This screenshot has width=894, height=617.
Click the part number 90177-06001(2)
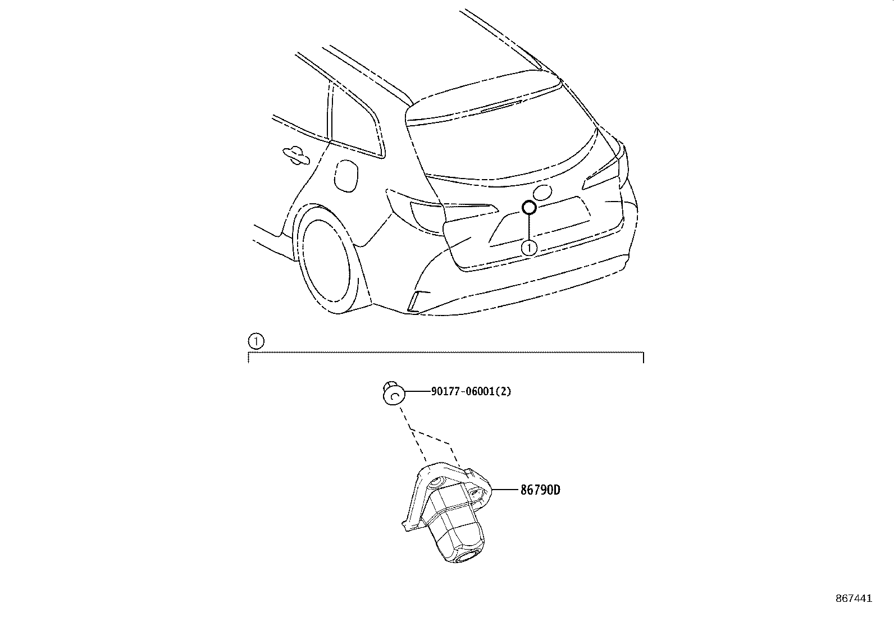(x=471, y=391)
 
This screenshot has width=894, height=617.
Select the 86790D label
(x=540, y=490)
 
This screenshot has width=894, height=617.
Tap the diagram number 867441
(x=854, y=598)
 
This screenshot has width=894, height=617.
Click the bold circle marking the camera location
(x=529, y=207)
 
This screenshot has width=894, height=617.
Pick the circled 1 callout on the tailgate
(x=529, y=248)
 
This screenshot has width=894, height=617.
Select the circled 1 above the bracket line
(x=256, y=341)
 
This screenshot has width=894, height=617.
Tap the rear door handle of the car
(x=295, y=156)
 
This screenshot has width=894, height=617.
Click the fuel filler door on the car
(x=345, y=175)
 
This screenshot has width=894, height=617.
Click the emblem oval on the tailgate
(x=543, y=193)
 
